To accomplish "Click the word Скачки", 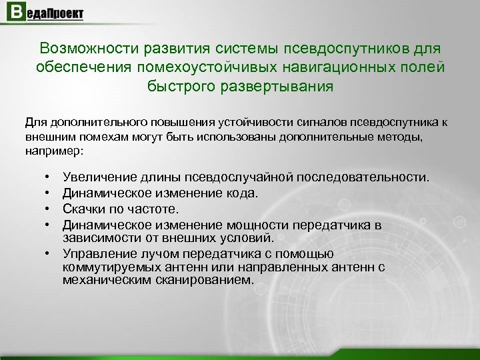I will pos(83,207).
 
